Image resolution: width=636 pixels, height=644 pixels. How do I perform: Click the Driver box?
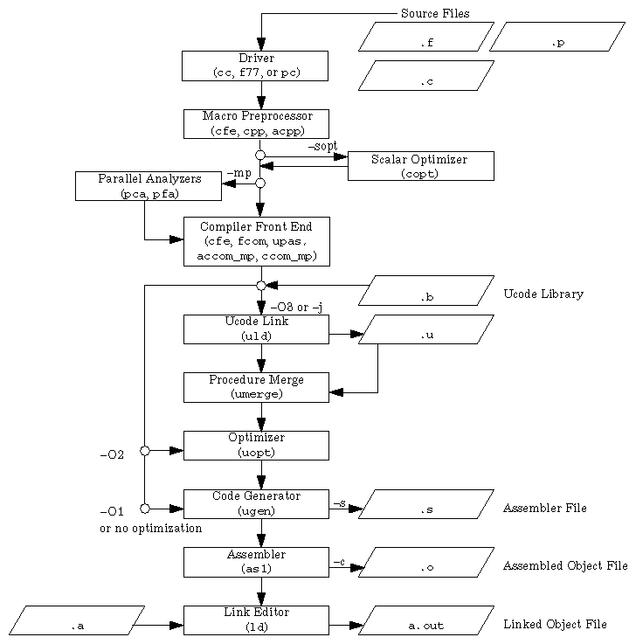tap(254, 66)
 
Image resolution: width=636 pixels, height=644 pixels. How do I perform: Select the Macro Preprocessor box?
tap(255, 124)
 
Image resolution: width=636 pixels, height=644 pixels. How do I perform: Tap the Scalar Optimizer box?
tap(420, 166)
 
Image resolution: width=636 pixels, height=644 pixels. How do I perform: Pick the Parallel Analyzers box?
tap(148, 185)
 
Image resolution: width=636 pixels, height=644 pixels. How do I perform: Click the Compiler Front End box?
tap(256, 241)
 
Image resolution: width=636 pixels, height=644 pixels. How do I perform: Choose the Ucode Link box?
tap(255, 329)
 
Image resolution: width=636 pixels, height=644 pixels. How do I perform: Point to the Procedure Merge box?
tap(255, 387)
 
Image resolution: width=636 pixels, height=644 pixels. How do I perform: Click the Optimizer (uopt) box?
tap(255, 445)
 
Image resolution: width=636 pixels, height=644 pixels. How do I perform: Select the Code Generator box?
tap(255, 503)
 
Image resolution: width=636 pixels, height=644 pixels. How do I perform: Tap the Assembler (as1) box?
tap(255, 562)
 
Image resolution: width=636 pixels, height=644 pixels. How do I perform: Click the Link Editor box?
tap(255, 620)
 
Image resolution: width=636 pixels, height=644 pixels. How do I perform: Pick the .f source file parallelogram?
tap(426, 37)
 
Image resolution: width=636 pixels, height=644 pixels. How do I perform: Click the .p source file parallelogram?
tap(557, 37)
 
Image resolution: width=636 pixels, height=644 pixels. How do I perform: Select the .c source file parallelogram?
tap(426, 76)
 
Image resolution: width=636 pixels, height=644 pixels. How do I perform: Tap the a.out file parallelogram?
tap(426, 620)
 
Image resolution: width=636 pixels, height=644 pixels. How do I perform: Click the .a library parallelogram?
tap(77, 620)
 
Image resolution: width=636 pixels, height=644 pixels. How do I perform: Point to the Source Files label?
tap(434, 13)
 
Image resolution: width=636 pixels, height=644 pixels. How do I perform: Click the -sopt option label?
tap(322, 146)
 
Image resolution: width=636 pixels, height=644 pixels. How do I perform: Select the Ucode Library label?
tap(543, 294)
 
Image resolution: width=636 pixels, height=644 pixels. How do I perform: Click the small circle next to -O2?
tap(145, 451)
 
